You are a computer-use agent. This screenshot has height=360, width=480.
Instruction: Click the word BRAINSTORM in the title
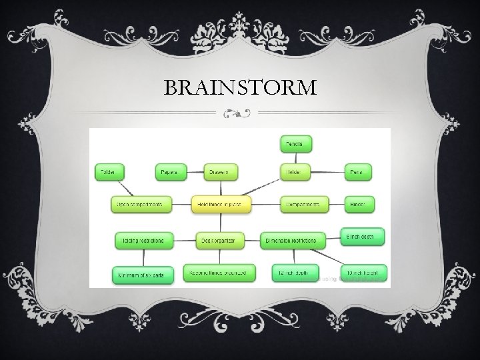click(x=240, y=87)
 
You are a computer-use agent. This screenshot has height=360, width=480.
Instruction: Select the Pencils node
click(x=295, y=143)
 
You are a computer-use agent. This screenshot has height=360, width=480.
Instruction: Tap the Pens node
click(x=359, y=172)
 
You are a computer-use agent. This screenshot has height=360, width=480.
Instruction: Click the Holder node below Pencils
click(x=295, y=172)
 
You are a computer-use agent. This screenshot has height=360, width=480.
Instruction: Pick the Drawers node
click(x=221, y=172)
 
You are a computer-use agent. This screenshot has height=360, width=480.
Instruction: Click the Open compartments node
click(x=141, y=204)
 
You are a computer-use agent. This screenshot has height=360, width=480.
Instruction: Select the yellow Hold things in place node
click(x=221, y=204)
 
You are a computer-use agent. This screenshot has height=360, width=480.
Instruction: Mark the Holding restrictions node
click(x=143, y=239)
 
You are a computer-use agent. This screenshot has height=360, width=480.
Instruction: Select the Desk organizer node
click(x=221, y=239)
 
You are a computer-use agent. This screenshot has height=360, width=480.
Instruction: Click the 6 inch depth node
click(x=364, y=237)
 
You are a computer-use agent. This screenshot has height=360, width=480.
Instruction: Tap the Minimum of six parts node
click(x=142, y=273)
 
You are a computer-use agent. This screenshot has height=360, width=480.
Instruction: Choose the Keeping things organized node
click(x=219, y=273)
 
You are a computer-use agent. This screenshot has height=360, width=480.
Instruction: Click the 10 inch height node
click(x=364, y=273)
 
